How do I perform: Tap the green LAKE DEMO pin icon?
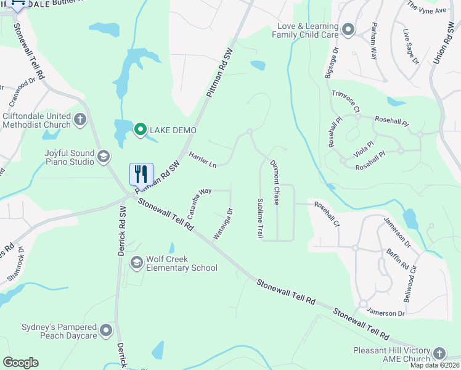point(141,129)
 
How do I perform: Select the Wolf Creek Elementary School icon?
point(136,263)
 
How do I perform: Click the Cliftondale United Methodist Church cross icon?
point(80,120)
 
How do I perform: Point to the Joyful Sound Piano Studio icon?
point(104,158)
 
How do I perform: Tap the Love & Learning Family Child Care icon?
point(348,30)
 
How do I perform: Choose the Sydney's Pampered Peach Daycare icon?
point(107,331)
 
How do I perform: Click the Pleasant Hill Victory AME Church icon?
point(439,353)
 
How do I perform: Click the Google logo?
point(20,363)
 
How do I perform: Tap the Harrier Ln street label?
point(203,160)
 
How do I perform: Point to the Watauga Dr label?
point(222,224)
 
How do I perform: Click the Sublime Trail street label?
point(261,218)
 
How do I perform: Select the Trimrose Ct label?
point(346,101)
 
